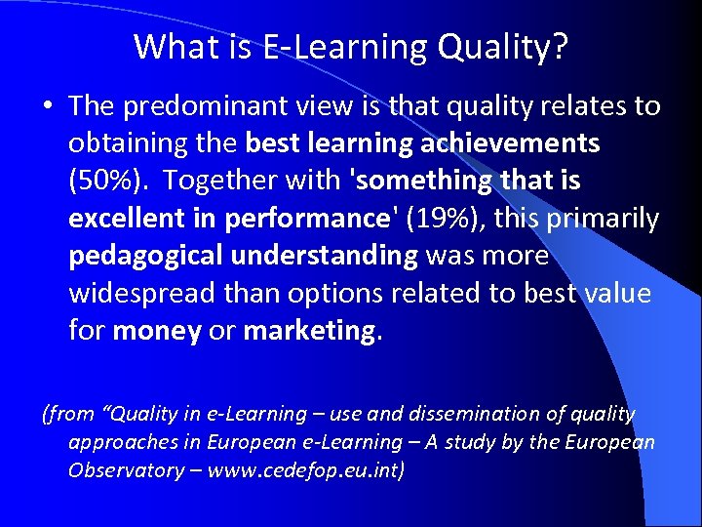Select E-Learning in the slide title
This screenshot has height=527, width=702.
coord(335,47)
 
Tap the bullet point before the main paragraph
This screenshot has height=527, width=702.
coord(48,106)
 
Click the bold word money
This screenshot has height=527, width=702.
coord(157,331)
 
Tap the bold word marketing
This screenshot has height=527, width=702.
coord(308,331)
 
